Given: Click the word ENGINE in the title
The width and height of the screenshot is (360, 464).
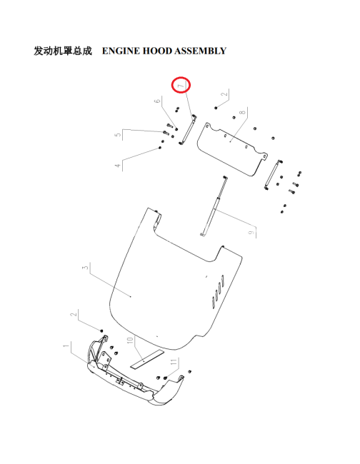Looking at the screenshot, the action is click(x=121, y=51).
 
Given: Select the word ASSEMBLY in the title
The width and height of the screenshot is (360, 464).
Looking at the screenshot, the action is click(x=201, y=51).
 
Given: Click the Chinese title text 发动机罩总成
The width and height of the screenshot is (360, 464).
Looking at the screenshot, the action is click(x=63, y=51).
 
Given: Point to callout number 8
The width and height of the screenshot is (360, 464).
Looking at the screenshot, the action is click(x=243, y=113).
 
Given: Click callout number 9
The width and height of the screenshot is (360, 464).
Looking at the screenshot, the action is click(x=251, y=233).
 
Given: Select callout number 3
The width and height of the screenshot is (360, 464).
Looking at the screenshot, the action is click(x=86, y=267).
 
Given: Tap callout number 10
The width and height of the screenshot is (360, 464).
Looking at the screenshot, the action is click(x=130, y=341).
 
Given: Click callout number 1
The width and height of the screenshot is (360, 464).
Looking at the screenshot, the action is click(x=66, y=346).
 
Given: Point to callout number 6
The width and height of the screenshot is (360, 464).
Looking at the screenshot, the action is click(x=157, y=101).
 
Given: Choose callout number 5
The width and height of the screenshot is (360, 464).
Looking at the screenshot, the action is click(x=118, y=134).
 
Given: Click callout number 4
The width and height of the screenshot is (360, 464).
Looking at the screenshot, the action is click(x=118, y=166).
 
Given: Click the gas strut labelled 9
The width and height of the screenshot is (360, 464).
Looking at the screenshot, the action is click(x=214, y=206).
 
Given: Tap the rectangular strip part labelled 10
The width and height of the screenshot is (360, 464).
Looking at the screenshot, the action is click(x=147, y=359).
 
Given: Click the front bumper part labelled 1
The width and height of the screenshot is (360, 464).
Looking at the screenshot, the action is click(x=135, y=375).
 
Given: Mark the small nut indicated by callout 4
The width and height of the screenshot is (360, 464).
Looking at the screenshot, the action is click(x=160, y=147).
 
